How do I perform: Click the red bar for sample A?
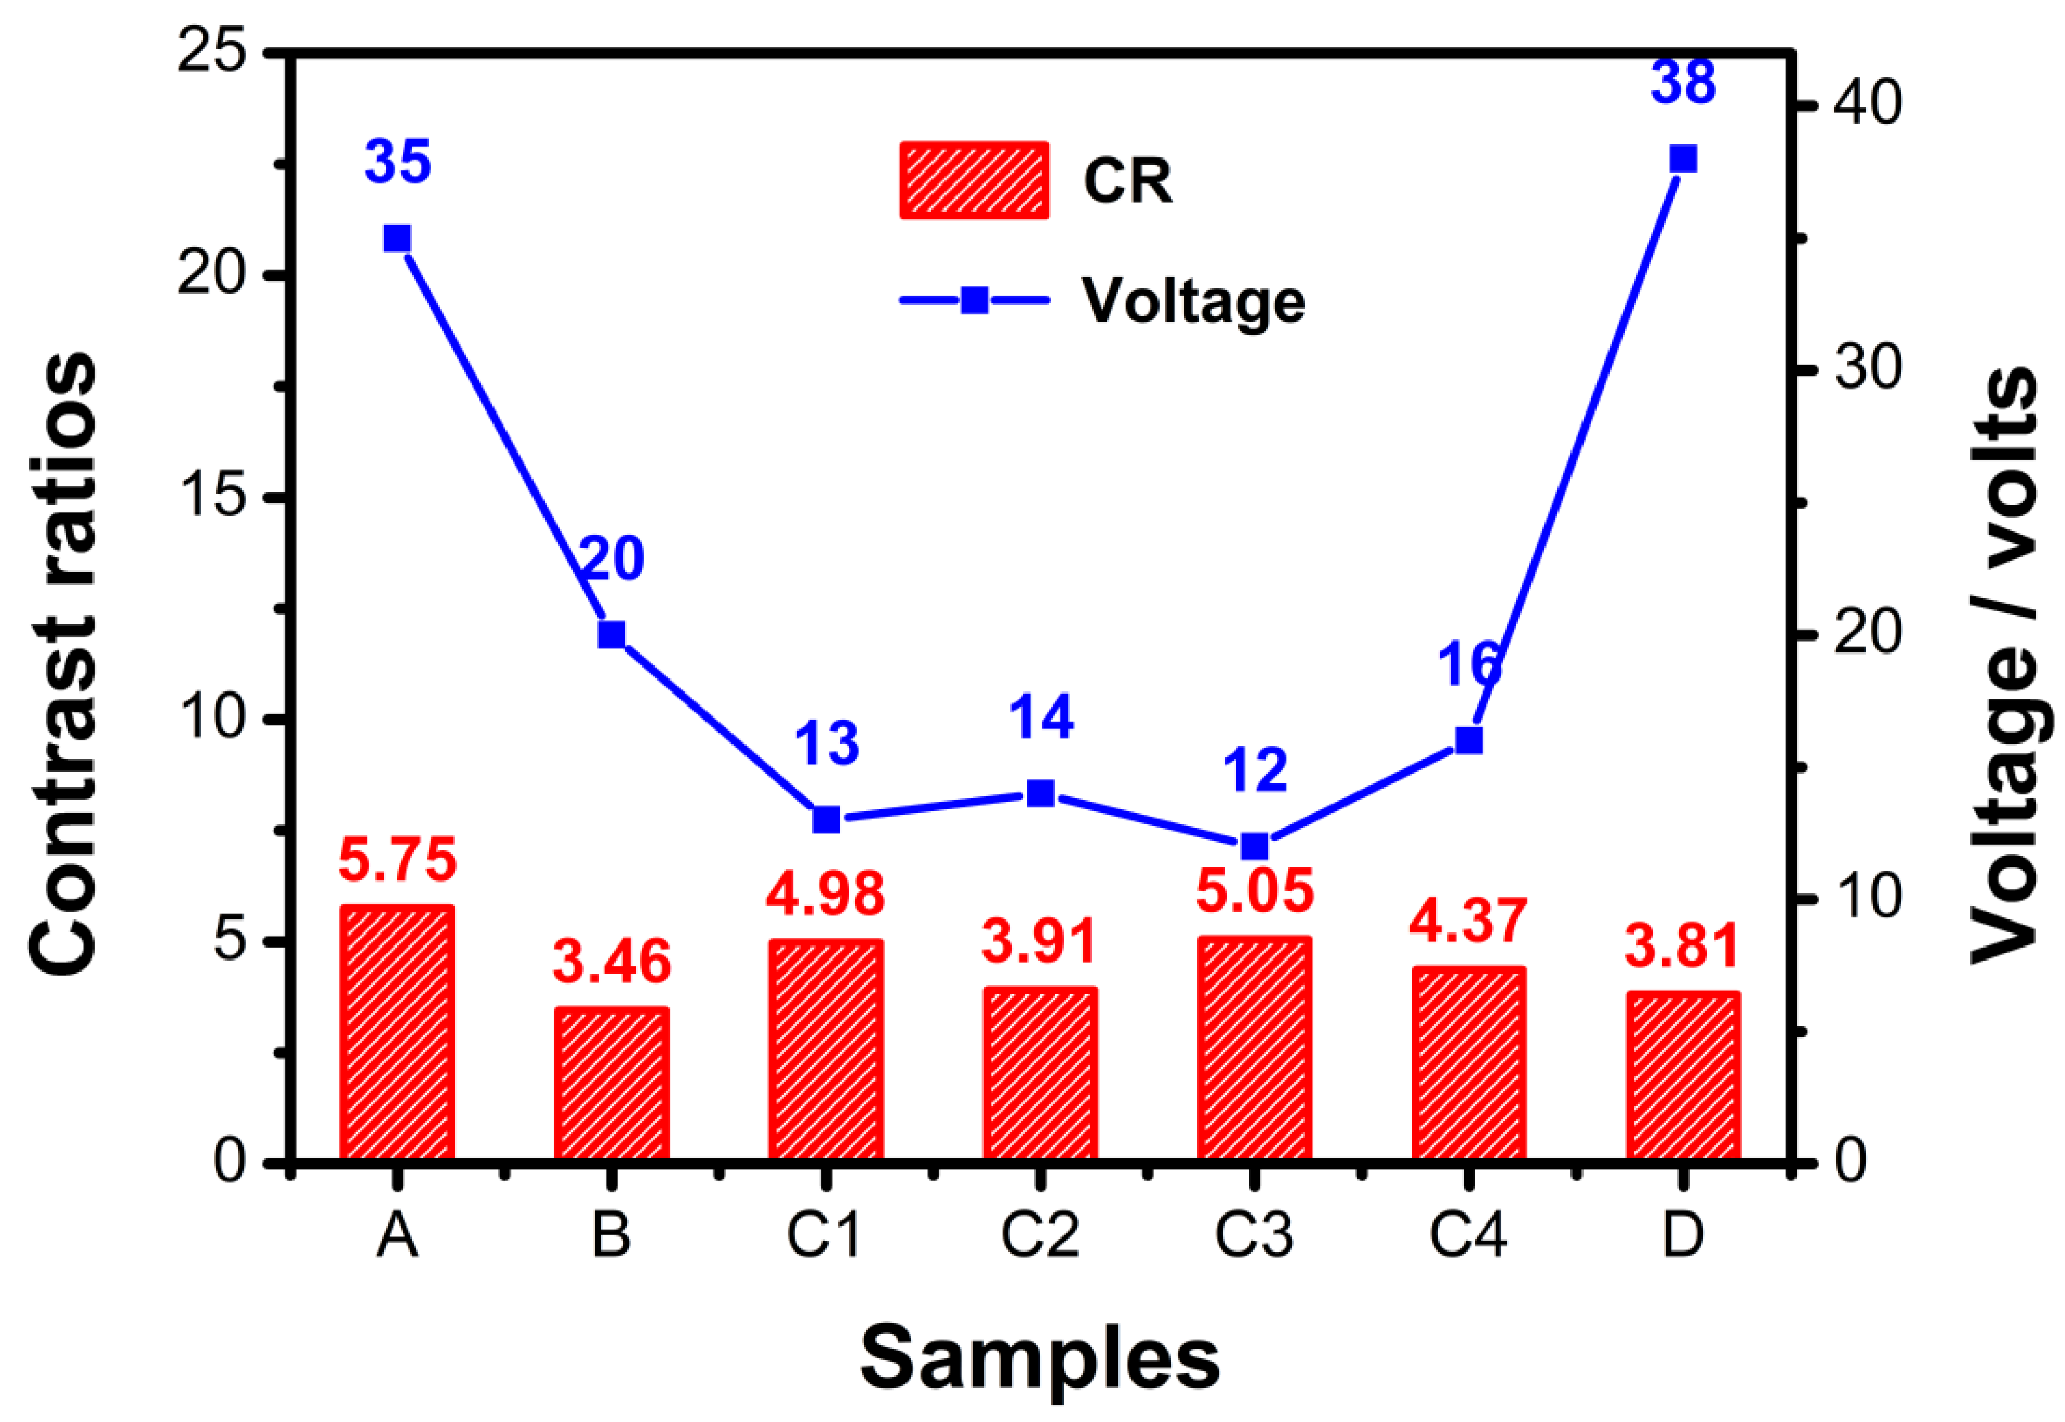tap(397, 1034)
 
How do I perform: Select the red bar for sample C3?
tap(1254, 1049)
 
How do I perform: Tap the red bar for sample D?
tap(1683, 1076)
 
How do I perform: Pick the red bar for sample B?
tap(612, 1084)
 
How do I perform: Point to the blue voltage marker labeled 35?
tap(397, 239)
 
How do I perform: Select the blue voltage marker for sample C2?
tap(1040, 793)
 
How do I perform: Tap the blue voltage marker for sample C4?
tap(1468, 740)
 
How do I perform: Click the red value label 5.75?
tap(397, 860)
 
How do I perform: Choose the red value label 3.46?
tap(612, 962)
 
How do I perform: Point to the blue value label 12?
tap(1255, 771)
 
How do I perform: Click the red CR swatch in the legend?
tap(974, 180)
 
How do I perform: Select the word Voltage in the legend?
tap(1193, 301)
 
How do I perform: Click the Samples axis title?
tap(1040, 1359)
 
